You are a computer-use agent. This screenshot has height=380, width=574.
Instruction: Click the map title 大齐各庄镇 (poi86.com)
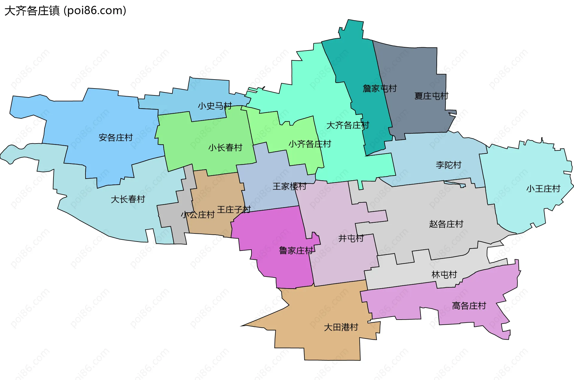coord(65,11)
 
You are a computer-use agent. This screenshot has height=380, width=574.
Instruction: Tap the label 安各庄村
coord(116,138)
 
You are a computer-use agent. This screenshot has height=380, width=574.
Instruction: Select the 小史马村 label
coord(215,106)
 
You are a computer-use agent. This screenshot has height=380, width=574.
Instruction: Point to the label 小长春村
coord(225,147)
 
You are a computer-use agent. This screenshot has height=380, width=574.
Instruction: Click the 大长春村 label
coord(128,199)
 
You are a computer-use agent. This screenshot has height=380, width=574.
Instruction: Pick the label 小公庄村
coord(198,215)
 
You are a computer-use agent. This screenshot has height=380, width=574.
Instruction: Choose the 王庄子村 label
coord(234,209)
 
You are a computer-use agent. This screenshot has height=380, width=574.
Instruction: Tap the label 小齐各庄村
coord(310,144)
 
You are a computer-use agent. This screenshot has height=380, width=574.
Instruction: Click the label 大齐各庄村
coord(348,125)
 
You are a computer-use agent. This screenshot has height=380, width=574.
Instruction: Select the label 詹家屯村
coord(379,88)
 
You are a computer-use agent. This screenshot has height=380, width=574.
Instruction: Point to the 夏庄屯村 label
coord(431,96)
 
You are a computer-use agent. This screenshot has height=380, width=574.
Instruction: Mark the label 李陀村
coord(448,165)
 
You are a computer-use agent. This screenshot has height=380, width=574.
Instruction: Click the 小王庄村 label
coord(543,189)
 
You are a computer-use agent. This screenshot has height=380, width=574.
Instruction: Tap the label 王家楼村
coord(289,187)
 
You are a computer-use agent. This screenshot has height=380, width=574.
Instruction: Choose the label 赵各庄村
coord(446,224)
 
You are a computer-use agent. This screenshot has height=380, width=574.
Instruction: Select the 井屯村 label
coord(351,238)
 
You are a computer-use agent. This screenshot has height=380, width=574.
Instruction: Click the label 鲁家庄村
coord(296,251)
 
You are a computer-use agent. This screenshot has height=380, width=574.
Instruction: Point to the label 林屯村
coord(444,274)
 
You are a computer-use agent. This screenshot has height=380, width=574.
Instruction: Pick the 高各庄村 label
coord(469,306)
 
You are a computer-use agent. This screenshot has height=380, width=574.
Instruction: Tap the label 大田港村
coord(341,327)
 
